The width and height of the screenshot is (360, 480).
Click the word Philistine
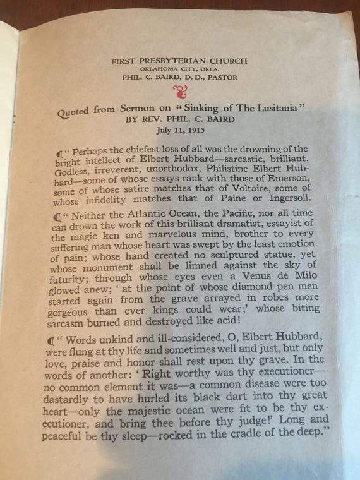click(243, 169)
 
